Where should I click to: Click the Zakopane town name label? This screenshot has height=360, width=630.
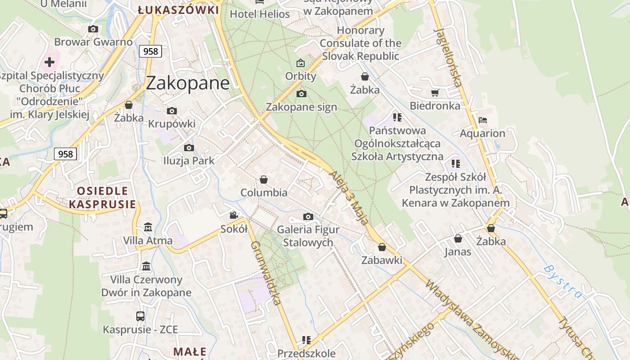pyautogui.click(x=188, y=83)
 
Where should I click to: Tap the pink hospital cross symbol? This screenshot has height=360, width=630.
pyautogui.click(x=49, y=62)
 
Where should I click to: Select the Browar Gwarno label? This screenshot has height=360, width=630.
pyautogui.click(x=94, y=42)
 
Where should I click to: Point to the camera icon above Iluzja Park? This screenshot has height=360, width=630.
pyautogui.click(x=189, y=148)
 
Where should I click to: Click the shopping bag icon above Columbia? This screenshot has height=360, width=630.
pyautogui.click(x=264, y=180)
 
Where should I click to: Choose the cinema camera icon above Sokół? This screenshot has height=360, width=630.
pyautogui.click(x=234, y=216)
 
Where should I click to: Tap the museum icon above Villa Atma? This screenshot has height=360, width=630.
pyautogui.click(x=148, y=227)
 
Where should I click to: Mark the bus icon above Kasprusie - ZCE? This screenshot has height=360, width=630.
pyautogui.click(x=140, y=316)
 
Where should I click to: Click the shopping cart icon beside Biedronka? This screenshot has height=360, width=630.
pyautogui.click(x=435, y=93)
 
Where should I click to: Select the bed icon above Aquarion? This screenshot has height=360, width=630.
pyautogui.click(x=483, y=120)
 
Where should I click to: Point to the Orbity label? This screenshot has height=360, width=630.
pyautogui.click(x=301, y=76)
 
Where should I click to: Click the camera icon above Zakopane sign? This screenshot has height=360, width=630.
pyautogui.click(x=301, y=94)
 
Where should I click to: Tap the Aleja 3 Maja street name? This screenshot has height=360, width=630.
pyautogui.click(x=349, y=198)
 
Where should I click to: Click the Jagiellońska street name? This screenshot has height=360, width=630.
pyautogui.click(x=448, y=57)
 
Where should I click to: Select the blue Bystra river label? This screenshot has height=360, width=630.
pyautogui.click(x=563, y=282)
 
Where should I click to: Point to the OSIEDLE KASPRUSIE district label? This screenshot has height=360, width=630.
pyautogui.click(x=103, y=198)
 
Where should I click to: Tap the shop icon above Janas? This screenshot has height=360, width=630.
pyautogui.click(x=458, y=238)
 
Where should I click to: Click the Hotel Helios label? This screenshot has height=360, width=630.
pyautogui.click(x=260, y=14)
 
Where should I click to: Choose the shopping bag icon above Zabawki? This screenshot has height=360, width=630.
pyautogui.click(x=382, y=247)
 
